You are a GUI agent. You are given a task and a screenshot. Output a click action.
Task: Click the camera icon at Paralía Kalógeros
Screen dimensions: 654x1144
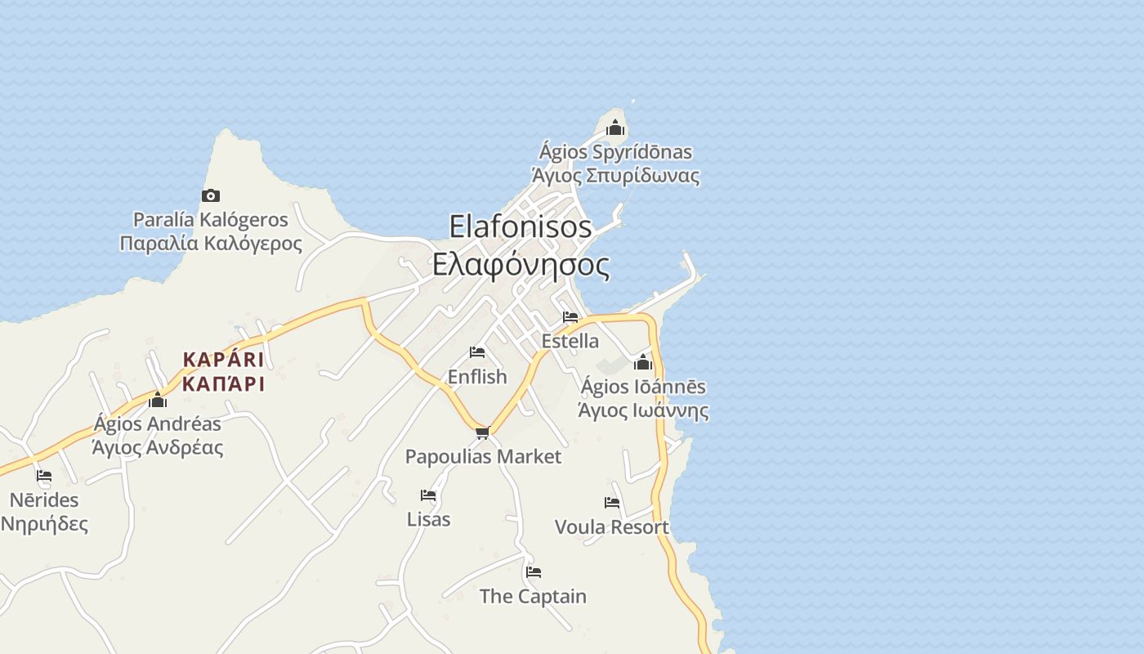211,195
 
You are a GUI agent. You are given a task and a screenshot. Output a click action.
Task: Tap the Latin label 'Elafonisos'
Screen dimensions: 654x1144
521,226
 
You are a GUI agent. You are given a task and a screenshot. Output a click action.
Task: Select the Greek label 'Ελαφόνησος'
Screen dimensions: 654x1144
521,264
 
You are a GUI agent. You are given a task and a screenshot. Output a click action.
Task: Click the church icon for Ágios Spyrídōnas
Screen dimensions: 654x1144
615,128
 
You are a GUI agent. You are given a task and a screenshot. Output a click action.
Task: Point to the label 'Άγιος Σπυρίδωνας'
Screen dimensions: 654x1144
615,176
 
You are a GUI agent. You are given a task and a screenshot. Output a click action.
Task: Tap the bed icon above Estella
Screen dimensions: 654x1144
570,317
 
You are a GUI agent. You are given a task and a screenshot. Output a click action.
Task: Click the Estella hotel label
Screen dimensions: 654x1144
570,341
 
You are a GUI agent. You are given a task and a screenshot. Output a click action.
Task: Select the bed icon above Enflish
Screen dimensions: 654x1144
477,352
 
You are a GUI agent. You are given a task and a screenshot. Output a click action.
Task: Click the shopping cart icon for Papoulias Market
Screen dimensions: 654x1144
482,432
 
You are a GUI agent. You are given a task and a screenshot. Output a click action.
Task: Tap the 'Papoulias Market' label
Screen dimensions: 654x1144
483,456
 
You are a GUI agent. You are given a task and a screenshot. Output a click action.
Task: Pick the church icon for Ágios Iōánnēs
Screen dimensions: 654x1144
643,362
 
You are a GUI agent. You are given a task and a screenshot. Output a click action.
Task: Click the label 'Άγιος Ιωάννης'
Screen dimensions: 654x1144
643,410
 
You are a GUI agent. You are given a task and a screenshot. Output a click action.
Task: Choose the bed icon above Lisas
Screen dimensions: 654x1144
428,495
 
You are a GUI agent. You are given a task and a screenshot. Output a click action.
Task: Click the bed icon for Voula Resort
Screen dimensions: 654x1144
612,503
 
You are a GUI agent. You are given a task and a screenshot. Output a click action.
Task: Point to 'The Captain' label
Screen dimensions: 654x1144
533,596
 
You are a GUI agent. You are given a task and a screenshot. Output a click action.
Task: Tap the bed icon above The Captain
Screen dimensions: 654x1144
534,572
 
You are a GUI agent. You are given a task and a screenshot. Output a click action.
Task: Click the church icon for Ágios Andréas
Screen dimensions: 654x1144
158,400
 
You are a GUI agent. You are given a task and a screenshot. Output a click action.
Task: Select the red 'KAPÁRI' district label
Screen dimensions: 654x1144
223,360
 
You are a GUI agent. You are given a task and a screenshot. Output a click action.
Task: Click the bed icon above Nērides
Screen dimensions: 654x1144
44,476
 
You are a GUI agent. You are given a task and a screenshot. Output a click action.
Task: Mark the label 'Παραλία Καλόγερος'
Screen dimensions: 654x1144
211,244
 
